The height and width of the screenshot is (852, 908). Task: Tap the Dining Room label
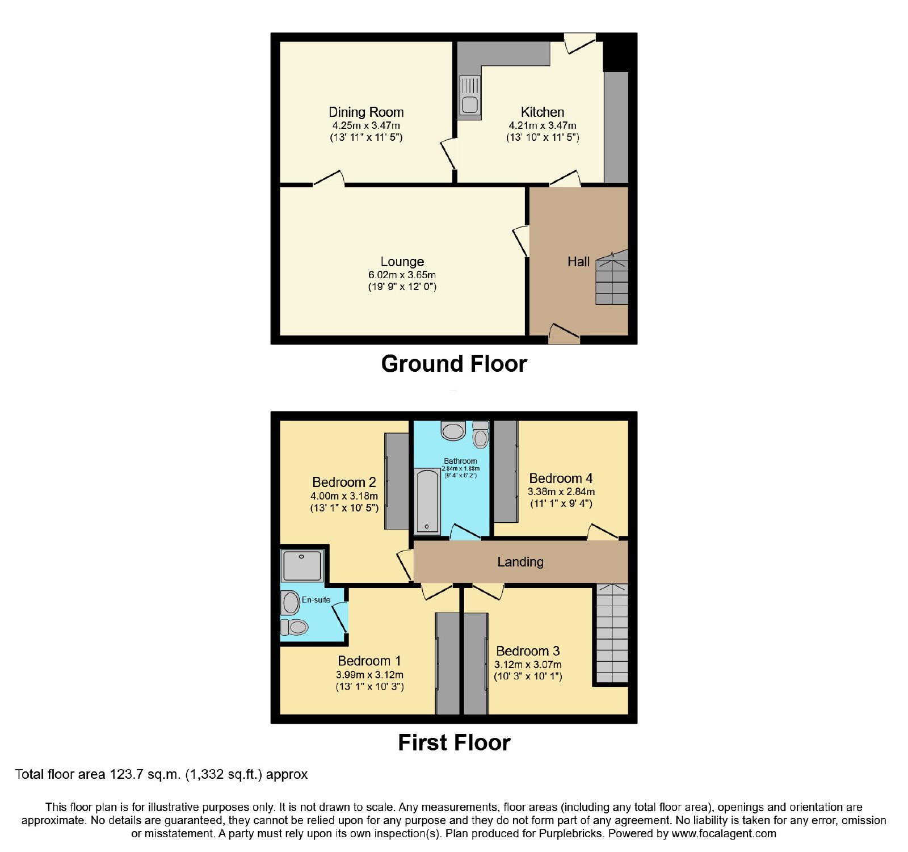click(366, 112)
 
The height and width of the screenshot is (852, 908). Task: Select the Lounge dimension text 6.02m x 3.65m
click(402, 275)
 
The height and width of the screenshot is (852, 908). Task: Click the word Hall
click(578, 262)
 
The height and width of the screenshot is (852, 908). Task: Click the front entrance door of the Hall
click(564, 334)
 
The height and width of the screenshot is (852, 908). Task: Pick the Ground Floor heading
click(454, 364)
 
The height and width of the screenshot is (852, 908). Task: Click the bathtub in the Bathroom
click(427, 502)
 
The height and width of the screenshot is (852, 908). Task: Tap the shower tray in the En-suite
click(302, 565)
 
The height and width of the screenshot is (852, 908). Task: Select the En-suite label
click(316, 599)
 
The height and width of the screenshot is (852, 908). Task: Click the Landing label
click(520, 562)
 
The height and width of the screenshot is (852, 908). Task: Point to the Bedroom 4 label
click(561, 479)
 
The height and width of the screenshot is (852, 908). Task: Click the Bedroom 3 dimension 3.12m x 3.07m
click(528, 665)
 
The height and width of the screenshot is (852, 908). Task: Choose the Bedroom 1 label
click(369, 661)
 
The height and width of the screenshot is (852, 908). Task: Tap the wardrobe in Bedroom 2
click(397, 481)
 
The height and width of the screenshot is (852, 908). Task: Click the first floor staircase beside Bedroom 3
click(612, 633)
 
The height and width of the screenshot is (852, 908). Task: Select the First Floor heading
click(454, 742)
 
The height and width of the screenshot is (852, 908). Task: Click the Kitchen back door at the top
click(579, 43)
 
